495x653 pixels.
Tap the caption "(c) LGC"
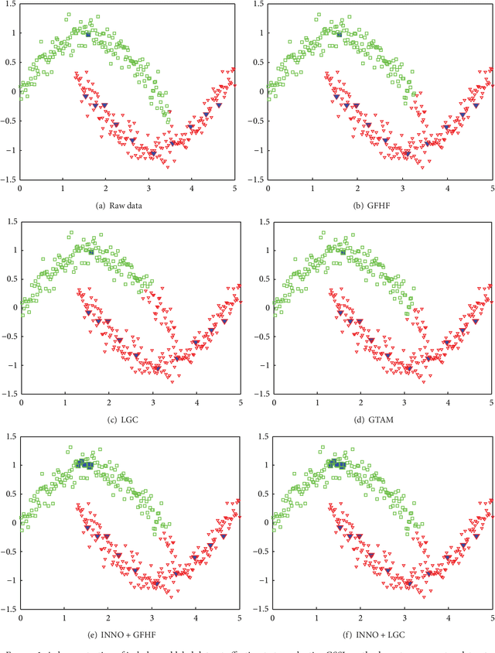(x=130, y=420)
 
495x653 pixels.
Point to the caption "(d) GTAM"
(x=383, y=420)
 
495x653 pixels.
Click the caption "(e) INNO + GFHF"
(x=130, y=636)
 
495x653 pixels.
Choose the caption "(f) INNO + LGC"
(x=383, y=636)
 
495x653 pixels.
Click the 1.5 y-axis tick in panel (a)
(x=9, y=5)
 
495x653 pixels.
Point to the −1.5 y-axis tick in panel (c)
(x=8, y=394)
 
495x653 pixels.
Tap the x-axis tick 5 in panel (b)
(x=491, y=186)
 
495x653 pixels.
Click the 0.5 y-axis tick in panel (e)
(x=9, y=494)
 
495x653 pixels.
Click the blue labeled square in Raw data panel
(x=88, y=35)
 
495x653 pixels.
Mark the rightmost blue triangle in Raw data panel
(x=219, y=104)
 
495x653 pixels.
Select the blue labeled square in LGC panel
(x=90, y=252)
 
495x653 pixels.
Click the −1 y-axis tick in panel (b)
(x=263, y=149)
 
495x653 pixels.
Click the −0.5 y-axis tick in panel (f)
(x=261, y=552)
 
